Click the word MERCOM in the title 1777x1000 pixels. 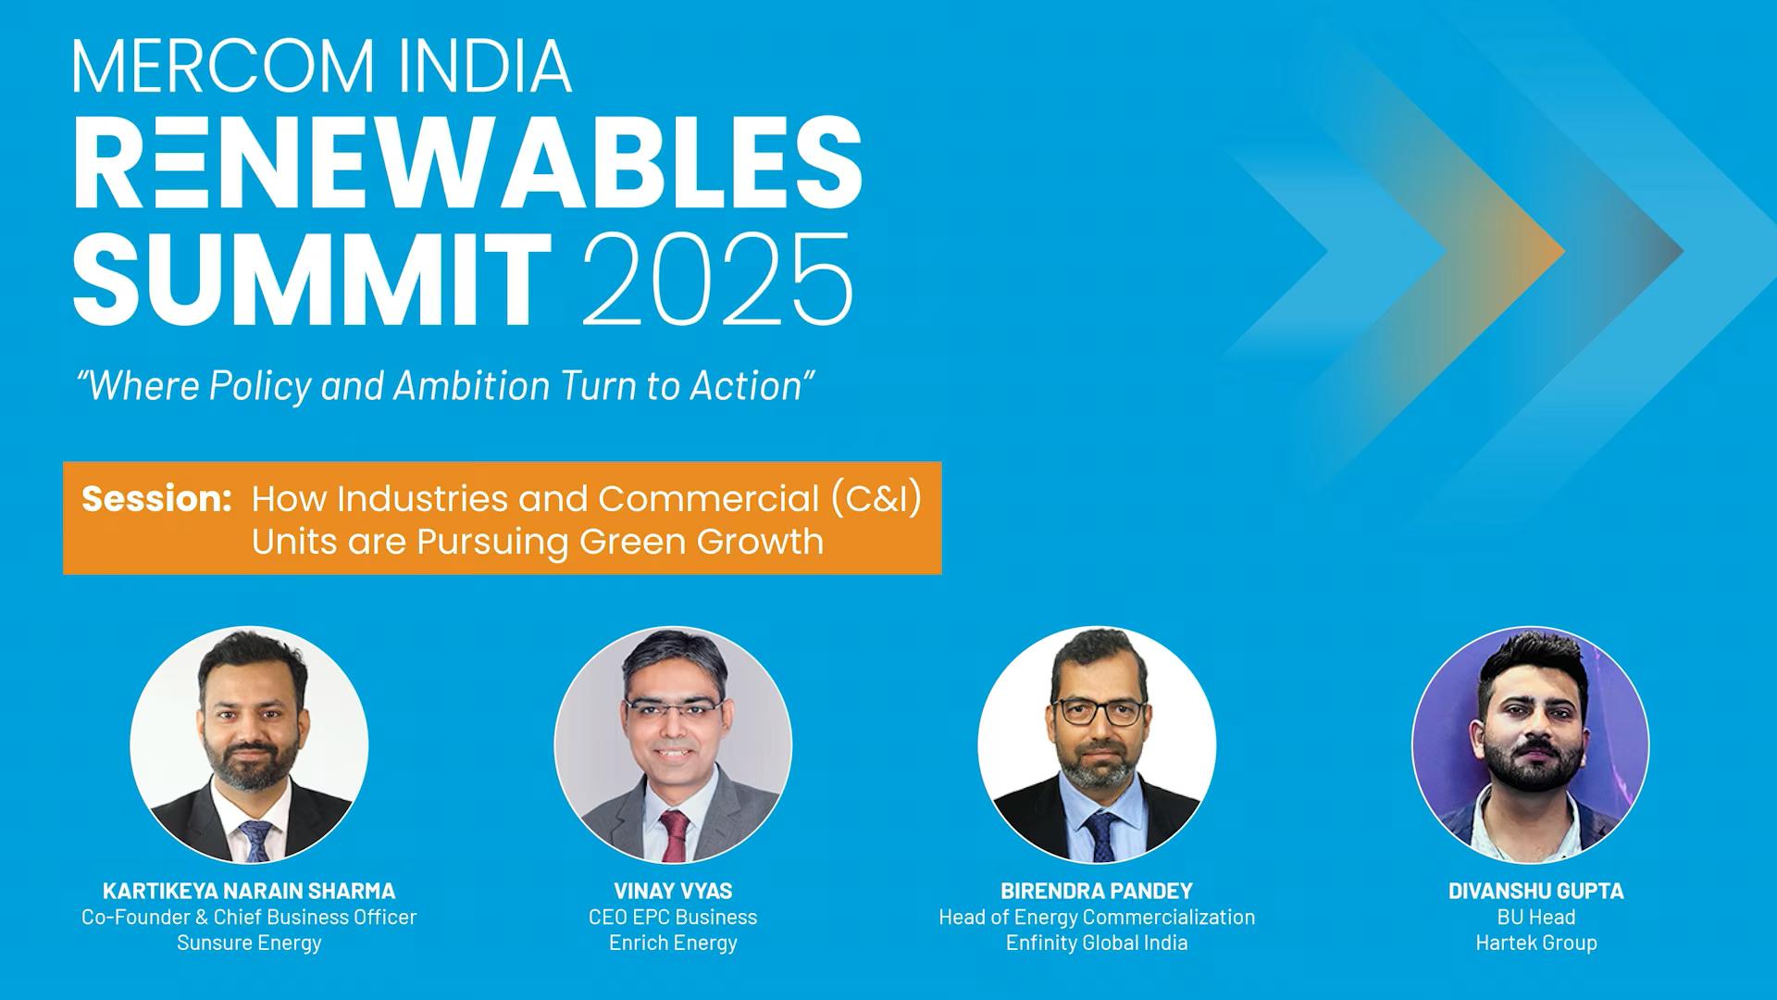[x=223, y=66]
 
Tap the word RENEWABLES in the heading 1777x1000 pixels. [x=467, y=164]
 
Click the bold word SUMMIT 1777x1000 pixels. [x=313, y=279]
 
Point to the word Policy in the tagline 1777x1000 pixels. [x=260, y=385]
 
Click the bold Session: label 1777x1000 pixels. [x=156, y=499]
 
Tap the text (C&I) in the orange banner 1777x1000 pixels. [x=876, y=499]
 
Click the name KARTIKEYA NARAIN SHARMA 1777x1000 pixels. [x=249, y=891]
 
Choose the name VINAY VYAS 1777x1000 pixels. [x=673, y=891]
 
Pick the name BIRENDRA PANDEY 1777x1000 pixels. [x=1097, y=891]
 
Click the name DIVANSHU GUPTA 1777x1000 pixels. [x=1535, y=891]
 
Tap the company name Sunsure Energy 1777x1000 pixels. [x=249, y=943]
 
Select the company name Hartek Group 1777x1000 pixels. [x=1536, y=943]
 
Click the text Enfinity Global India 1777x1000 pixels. [x=1097, y=943]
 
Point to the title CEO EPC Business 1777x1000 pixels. [x=673, y=917]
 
